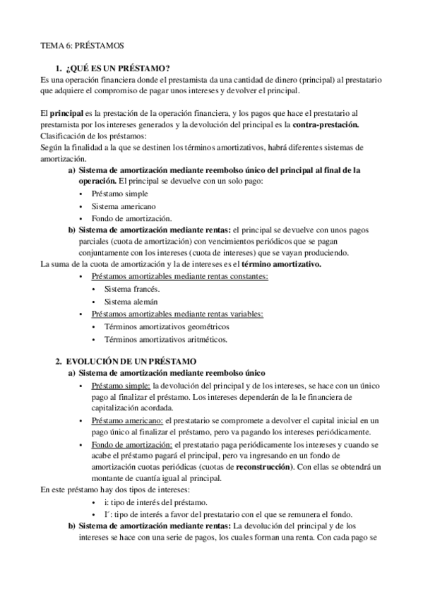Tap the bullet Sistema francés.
tap(132, 290)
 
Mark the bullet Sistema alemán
tap(131, 302)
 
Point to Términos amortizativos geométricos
tap(167, 326)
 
